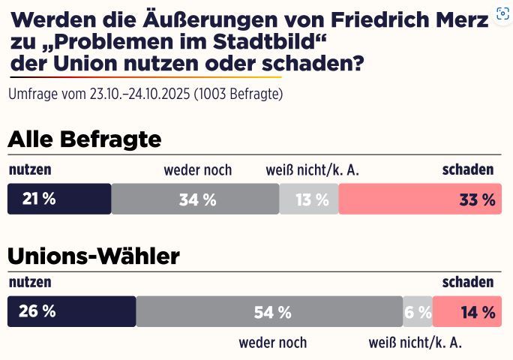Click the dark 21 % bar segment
pos(59,199)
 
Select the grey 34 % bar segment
pos(195,199)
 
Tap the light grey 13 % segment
pos(309,199)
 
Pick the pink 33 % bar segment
pos(420,199)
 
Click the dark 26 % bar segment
pos(71,312)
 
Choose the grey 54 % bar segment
pos(269,312)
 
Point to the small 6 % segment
pos(418,312)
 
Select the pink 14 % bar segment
pos(467,312)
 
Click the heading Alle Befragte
pos(85,139)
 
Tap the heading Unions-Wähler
pos(94,256)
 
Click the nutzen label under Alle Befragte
pos(30,169)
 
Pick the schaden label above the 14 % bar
pos(468,282)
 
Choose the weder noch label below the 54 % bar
pos(272,343)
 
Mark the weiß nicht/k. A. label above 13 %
pos(313,169)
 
